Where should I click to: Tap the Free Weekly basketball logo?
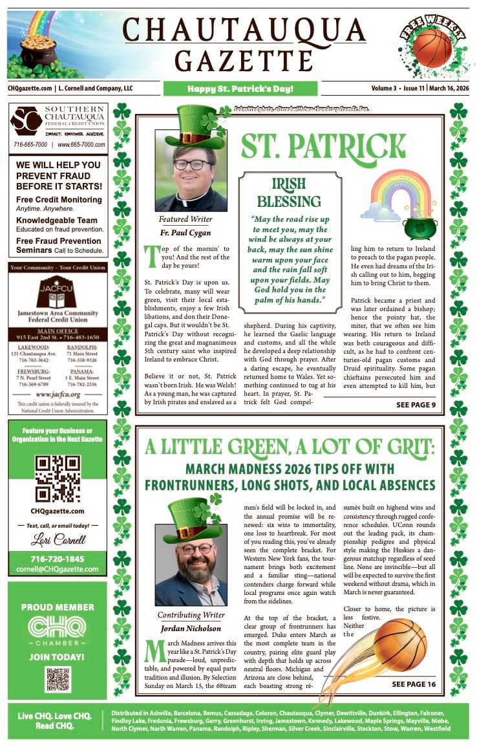point(432,46)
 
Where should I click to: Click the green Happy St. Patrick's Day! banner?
point(240,89)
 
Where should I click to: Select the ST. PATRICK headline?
point(323,146)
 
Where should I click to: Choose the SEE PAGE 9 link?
point(416,405)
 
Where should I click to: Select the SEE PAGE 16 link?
point(414,684)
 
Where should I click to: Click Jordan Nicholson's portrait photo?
point(191,565)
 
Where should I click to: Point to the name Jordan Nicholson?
point(191,629)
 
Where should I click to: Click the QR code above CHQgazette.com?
point(58,479)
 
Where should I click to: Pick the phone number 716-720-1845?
point(58,559)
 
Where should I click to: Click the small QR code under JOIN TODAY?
point(58,679)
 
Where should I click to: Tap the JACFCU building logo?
point(58,292)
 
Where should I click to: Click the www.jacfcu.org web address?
point(58,393)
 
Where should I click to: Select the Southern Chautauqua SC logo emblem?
point(26,121)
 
